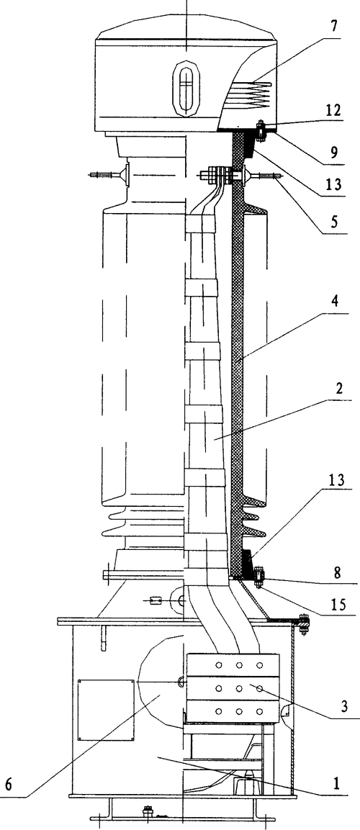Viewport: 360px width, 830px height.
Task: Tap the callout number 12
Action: click(333, 111)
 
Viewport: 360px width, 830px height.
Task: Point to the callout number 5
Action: click(334, 222)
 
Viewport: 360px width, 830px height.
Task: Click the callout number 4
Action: click(334, 302)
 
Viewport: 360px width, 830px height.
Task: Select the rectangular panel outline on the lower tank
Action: click(106, 710)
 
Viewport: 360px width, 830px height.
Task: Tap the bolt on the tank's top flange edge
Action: click(303, 623)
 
